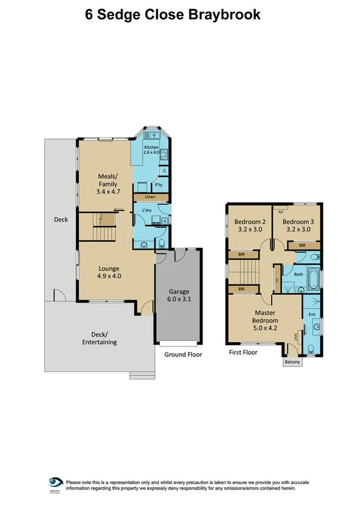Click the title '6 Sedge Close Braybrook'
[173, 14]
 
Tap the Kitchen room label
[151, 150]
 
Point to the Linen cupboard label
[150, 197]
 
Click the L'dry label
[146, 210]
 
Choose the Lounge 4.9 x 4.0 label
[109, 272]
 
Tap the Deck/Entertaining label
[100, 338]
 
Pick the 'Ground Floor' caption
[183, 355]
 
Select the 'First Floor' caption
[243, 352]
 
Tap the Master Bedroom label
[265, 317]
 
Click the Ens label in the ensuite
[312, 314]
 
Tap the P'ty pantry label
[160, 185]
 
